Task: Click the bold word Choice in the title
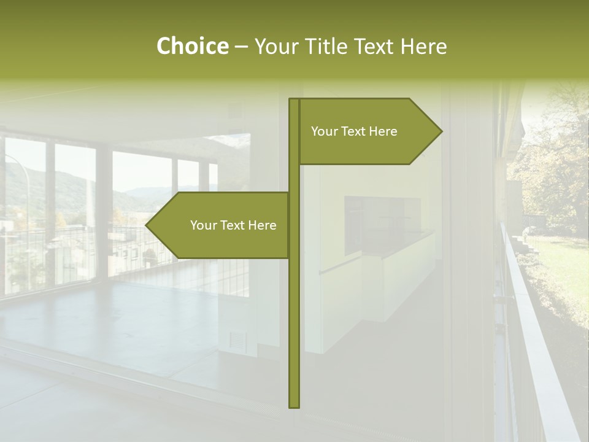point(192,46)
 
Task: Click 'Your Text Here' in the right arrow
point(354,131)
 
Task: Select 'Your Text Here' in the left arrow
point(233,225)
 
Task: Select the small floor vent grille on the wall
point(236,339)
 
